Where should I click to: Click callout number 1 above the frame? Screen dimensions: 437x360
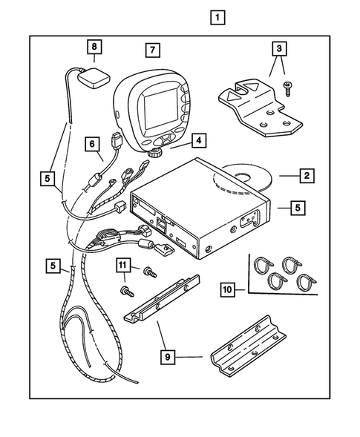217,16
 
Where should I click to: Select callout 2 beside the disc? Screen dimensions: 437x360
305,176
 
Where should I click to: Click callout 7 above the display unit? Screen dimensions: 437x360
151,50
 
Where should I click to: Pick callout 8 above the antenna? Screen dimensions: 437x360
94,46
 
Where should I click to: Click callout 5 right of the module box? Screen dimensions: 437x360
295,208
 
